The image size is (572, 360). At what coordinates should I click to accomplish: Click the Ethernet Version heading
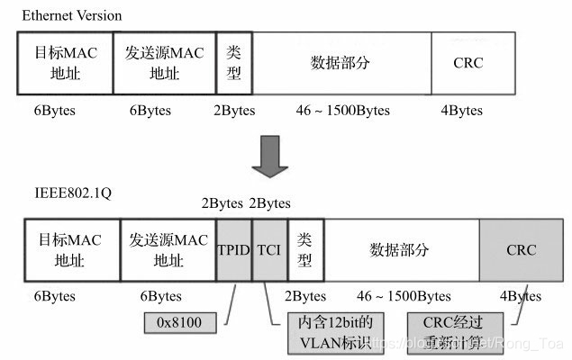tap(71, 16)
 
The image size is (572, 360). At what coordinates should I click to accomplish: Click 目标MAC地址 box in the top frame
tap(65, 63)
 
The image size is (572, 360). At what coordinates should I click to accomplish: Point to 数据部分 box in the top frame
tap(343, 63)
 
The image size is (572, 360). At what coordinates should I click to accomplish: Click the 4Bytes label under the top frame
tap(461, 111)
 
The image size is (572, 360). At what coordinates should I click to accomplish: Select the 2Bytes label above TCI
tap(269, 203)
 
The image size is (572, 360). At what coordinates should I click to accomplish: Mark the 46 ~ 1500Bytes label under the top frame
tap(342, 111)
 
